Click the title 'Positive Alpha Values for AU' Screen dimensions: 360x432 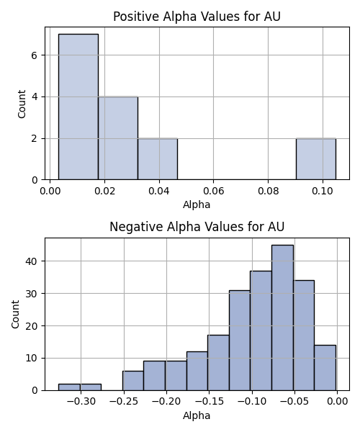[x=197, y=17]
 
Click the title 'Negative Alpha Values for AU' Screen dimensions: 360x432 [x=197, y=227]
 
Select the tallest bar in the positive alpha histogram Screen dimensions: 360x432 [x=78, y=107]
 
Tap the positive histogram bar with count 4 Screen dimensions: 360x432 [x=118, y=138]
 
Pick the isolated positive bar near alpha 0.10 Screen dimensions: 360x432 [x=316, y=159]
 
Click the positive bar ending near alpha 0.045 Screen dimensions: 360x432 [x=158, y=159]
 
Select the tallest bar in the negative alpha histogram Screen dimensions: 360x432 [x=283, y=318]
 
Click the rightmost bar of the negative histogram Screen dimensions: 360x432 [x=325, y=368]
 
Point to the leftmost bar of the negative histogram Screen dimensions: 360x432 [x=69, y=387]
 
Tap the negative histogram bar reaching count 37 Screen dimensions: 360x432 [x=261, y=330]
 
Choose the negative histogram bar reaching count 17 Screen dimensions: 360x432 [x=218, y=363]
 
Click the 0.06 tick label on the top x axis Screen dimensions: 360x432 [x=213, y=191]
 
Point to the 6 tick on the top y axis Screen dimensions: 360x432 [x=34, y=55]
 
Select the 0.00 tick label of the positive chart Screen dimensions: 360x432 [x=50, y=191]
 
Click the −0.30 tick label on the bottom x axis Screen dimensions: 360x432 [x=81, y=402]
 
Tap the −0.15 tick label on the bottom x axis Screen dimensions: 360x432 [x=209, y=402]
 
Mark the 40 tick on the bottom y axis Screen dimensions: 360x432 [x=31, y=261]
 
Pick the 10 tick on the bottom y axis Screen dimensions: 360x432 [x=31, y=358]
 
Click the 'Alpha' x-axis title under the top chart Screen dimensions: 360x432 [x=197, y=204]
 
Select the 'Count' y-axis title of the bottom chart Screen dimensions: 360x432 [x=15, y=314]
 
